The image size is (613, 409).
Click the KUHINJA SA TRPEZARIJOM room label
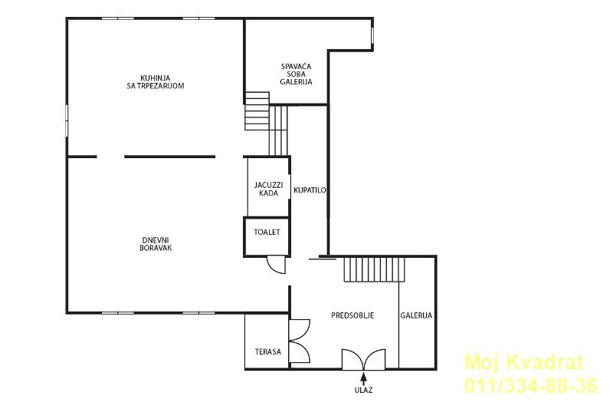[156, 82]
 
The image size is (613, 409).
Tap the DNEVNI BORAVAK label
[156, 244]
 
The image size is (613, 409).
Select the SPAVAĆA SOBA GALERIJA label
[296, 74]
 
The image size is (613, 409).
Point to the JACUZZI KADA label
[269, 189]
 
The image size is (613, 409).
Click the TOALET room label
[267, 232]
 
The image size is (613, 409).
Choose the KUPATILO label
[310, 190]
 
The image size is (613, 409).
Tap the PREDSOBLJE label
[352, 315]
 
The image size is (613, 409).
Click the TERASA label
[268, 352]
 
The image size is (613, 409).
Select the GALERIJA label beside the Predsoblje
[416, 315]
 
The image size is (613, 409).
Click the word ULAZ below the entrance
[363, 391]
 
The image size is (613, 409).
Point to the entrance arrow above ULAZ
[363, 378]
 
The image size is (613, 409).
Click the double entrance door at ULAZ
[363, 360]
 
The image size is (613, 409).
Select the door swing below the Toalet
[276, 265]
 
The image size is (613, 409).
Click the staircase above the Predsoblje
[374, 269]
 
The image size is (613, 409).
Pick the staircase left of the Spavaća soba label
[257, 111]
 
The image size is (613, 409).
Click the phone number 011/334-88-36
[531, 385]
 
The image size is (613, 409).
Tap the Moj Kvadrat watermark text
[524, 362]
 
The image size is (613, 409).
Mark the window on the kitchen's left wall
[67, 120]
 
